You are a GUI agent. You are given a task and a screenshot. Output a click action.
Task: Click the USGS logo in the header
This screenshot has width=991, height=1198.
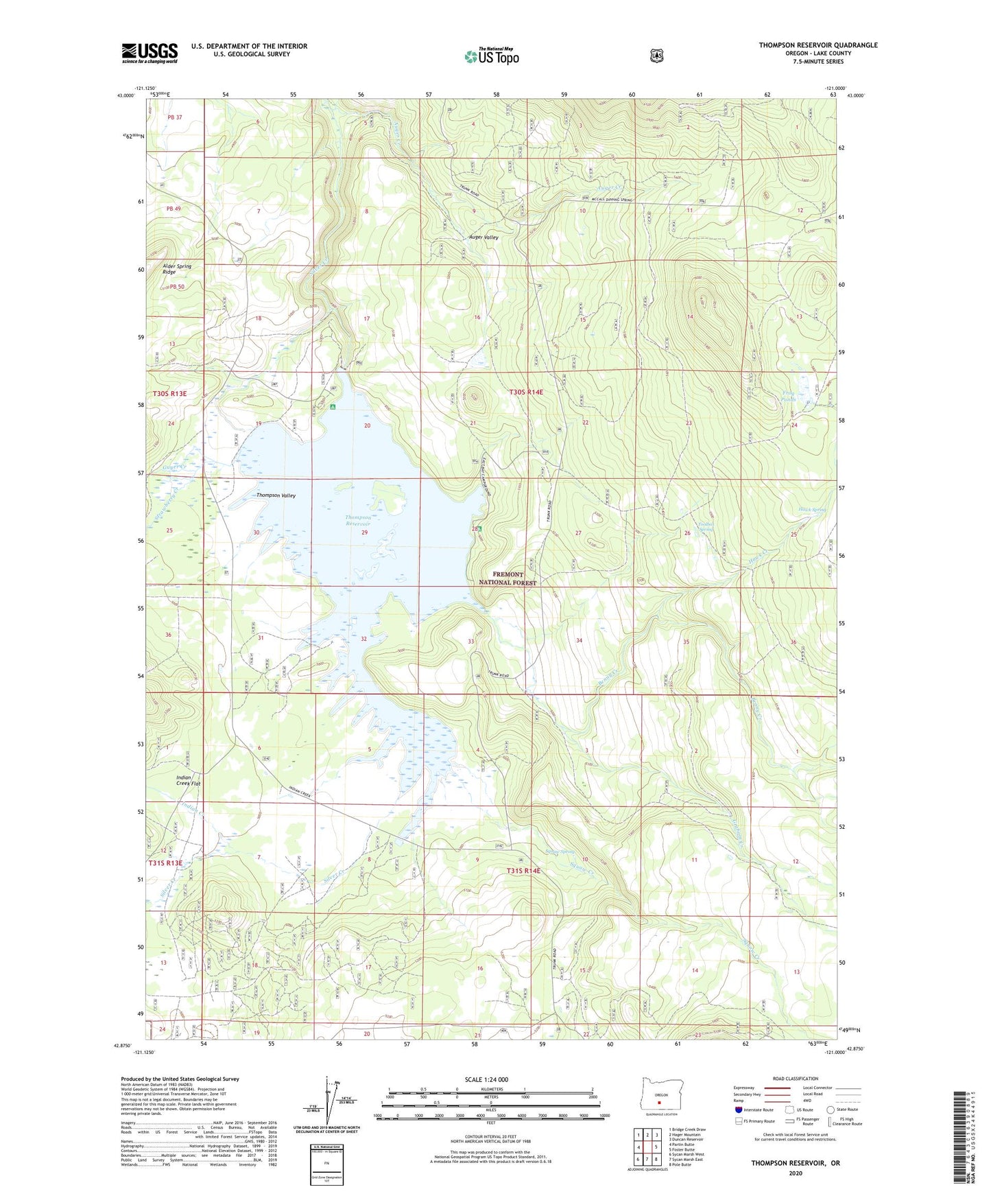pyautogui.click(x=150, y=53)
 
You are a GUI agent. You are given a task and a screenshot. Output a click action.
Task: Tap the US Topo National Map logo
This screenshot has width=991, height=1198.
pyautogui.click(x=492, y=56)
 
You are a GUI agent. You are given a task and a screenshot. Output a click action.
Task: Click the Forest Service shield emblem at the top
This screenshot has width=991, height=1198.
pyautogui.click(x=656, y=56)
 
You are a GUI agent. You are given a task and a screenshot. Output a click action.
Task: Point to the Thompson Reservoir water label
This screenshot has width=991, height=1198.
pyautogui.click(x=358, y=521)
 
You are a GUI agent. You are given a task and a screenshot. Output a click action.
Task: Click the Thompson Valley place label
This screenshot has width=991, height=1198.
pyautogui.click(x=276, y=495)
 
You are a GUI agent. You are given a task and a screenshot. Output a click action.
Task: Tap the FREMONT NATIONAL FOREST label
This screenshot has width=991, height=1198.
pyautogui.click(x=508, y=578)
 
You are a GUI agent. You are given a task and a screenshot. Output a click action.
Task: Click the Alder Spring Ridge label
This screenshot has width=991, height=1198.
pyautogui.click(x=177, y=269)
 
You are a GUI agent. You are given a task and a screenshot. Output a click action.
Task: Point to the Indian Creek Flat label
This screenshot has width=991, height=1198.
pyautogui.click(x=188, y=780)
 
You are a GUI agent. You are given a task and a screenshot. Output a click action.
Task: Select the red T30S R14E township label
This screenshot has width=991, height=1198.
pyautogui.click(x=525, y=392)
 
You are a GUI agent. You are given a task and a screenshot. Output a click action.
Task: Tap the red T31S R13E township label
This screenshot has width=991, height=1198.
pyautogui.click(x=166, y=863)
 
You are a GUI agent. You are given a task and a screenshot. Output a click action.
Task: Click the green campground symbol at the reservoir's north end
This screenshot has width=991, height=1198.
pyautogui.click(x=333, y=407)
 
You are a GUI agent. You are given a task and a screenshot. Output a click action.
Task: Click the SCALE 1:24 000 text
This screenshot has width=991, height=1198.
pyautogui.click(x=486, y=1079)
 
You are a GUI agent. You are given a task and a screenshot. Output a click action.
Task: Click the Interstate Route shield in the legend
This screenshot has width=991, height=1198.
pyautogui.click(x=738, y=1109)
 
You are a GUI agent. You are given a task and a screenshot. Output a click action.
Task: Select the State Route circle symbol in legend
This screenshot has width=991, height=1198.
pyautogui.click(x=831, y=1109)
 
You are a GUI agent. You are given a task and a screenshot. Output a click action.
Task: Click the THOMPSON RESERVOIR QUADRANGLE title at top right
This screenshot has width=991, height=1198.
pyautogui.click(x=817, y=45)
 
